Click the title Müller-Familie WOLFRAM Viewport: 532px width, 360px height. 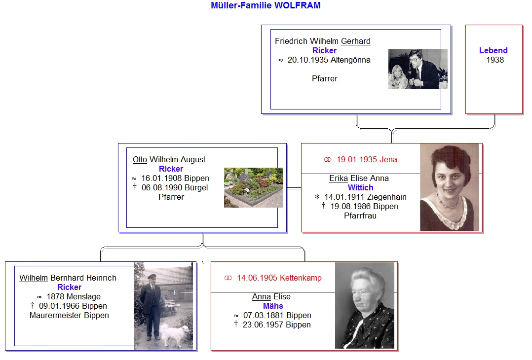coord(266,5)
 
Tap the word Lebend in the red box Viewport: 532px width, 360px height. coord(494,50)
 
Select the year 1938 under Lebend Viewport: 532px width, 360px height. coord(495,60)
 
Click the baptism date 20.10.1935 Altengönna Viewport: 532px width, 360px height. coord(329,60)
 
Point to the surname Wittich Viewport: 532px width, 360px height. coord(360,187)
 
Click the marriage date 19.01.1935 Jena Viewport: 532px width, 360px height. coord(367,159)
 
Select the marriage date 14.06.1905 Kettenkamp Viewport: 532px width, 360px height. coord(279,278)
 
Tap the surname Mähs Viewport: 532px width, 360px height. coord(273,306)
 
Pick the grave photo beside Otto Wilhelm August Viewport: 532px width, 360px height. coord(254,187)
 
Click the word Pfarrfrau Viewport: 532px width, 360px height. coord(360,216)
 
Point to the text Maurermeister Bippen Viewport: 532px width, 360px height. coord(69,315)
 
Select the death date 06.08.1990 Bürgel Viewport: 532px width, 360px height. coord(175,187)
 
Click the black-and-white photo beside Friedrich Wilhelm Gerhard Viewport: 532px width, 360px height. coord(418,69)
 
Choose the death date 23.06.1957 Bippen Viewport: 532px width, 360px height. coord(276,325)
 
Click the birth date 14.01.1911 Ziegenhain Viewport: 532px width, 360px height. coord(365,197)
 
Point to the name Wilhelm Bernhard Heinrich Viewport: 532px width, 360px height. coord(68,278)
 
